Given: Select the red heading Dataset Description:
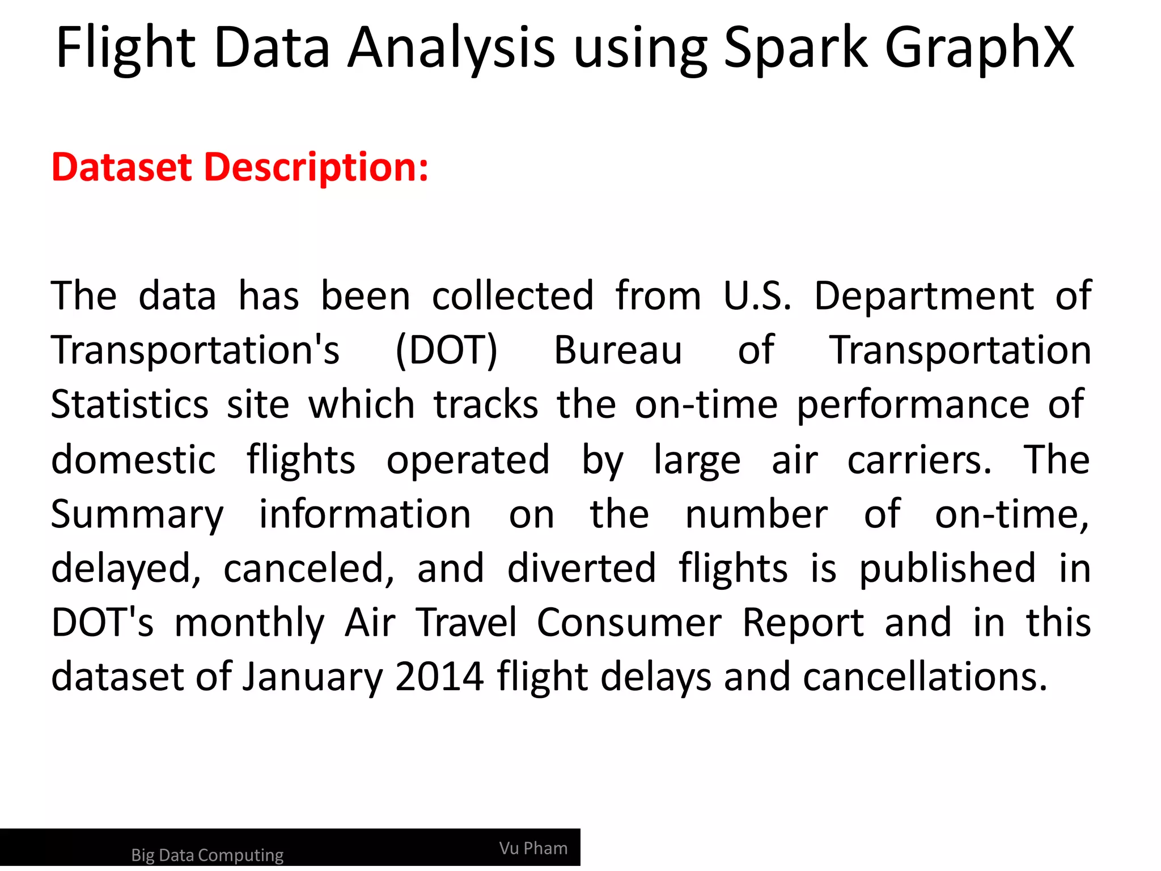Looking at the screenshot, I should [x=240, y=167].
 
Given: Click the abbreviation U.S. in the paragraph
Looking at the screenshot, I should [x=757, y=296].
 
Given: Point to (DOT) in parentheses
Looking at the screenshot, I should [x=446, y=350].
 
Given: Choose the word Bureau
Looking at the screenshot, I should [x=618, y=350].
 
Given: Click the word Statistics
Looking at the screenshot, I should [x=130, y=405].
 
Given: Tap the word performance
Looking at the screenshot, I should [x=913, y=405].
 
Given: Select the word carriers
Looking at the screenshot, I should [x=920, y=459].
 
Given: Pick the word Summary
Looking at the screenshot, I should [x=138, y=515].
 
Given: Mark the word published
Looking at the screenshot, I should [x=947, y=569].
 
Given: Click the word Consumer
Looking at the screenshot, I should [x=629, y=623].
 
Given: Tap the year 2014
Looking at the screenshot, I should [x=439, y=676].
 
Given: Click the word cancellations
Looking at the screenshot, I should [x=925, y=676].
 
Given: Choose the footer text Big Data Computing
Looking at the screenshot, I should [x=207, y=855].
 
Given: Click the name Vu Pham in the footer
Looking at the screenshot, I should [x=533, y=848].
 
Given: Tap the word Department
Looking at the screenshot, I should [x=924, y=296].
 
